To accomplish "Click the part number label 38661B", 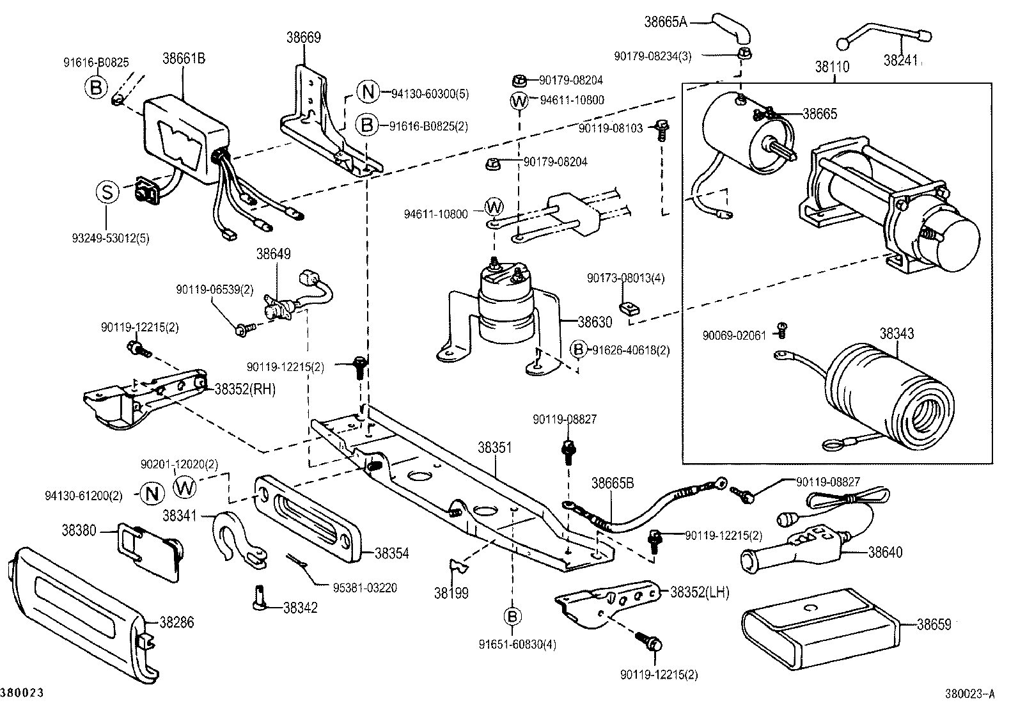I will [x=184, y=58].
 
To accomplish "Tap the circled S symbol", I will [x=107, y=193].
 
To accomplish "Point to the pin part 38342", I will [x=259, y=598].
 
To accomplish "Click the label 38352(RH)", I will [x=244, y=389].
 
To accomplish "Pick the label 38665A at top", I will [x=665, y=22].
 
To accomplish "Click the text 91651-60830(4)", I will [x=519, y=644].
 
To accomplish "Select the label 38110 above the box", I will [x=832, y=66].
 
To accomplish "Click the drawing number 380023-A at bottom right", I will [x=971, y=693].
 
